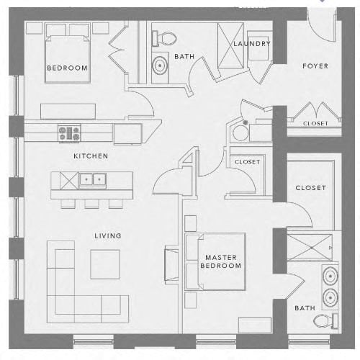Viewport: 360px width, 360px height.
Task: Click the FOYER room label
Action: click(x=315, y=66)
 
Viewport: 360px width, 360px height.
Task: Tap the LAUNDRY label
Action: click(x=252, y=44)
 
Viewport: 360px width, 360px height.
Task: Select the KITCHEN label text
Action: click(x=91, y=156)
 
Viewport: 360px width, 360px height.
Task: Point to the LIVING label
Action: click(x=108, y=235)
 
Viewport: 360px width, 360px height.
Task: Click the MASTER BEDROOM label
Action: click(x=221, y=261)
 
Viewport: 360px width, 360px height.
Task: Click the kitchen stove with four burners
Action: click(x=69, y=133)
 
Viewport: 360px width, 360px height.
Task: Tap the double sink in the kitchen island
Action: click(x=93, y=179)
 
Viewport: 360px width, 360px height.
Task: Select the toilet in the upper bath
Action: click(x=164, y=38)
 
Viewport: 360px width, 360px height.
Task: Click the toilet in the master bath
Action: click(x=325, y=320)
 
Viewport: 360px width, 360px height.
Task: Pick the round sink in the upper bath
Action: click(x=160, y=65)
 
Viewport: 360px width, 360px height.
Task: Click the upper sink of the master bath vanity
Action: click(x=330, y=276)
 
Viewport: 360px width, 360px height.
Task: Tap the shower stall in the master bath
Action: click(x=310, y=248)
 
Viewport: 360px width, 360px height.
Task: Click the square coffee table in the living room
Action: click(x=105, y=264)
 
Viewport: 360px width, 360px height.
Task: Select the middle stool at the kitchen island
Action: click(x=91, y=204)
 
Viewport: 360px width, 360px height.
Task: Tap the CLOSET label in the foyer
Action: click(x=315, y=123)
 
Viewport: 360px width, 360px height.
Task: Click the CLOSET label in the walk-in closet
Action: click(x=311, y=188)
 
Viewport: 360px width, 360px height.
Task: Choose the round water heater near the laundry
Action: click(x=240, y=133)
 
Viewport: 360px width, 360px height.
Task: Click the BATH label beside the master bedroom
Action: click(x=305, y=308)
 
